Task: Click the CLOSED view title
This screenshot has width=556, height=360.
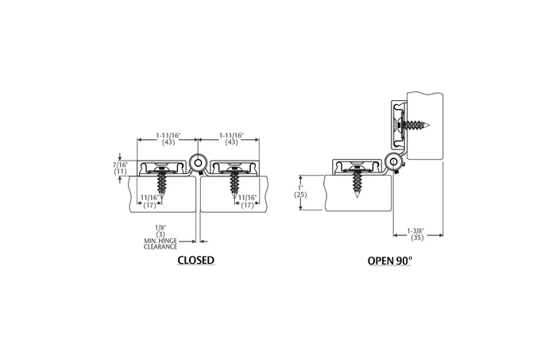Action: [x=195, y=260]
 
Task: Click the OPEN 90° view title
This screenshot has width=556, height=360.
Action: [x=389, y=260]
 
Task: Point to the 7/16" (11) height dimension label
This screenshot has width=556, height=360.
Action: [x=121, y=166]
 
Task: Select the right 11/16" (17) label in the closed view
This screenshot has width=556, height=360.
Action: [x=248, y=200]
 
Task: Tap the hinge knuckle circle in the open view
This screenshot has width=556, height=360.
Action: [x=393, y=162]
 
